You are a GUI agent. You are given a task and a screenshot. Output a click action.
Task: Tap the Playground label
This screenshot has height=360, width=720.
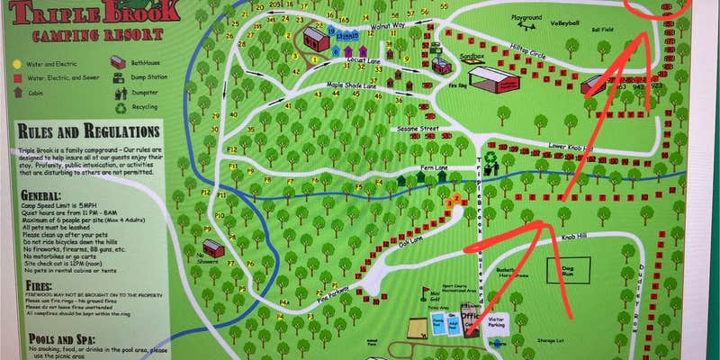point(526,17)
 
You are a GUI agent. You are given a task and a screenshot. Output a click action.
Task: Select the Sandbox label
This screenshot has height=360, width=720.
point(447,55)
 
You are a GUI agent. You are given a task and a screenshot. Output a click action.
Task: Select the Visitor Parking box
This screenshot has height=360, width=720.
point(496,323)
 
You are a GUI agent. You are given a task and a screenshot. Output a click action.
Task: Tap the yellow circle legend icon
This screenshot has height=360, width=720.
point(17,64)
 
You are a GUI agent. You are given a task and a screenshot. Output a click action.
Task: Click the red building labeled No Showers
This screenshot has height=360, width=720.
point(212,247)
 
